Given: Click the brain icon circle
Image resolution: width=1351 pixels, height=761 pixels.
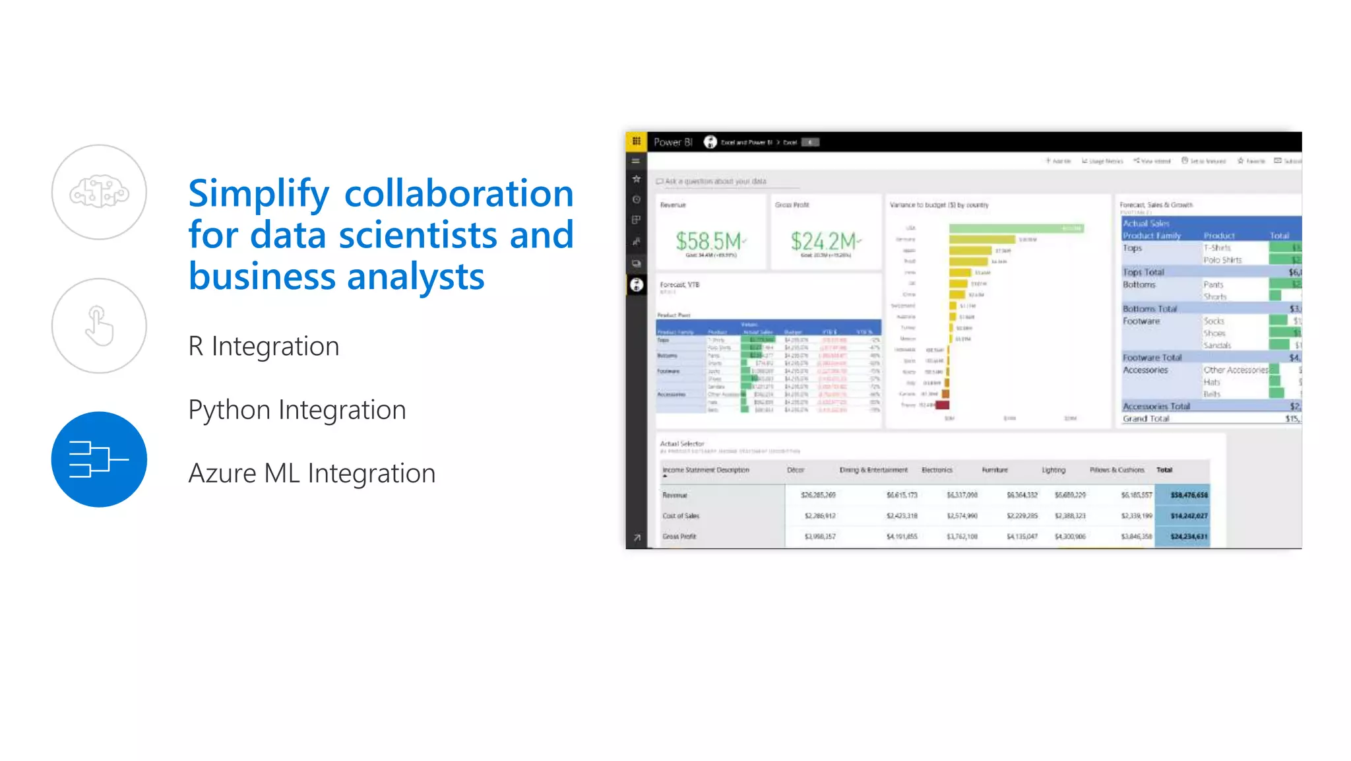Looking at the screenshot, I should coord(99,192).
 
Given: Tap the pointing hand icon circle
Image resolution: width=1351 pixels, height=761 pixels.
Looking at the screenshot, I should coord(99,325).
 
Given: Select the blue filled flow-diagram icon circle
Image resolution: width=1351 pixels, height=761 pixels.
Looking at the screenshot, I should coord(99,459).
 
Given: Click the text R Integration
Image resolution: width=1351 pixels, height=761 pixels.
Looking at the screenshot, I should coord(263,347).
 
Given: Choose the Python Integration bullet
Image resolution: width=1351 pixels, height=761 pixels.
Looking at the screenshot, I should coord(297,410).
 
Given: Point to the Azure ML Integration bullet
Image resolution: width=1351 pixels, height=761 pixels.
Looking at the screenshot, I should coord(311,473).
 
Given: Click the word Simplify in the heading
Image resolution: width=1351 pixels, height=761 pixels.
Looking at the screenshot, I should coord(258,193).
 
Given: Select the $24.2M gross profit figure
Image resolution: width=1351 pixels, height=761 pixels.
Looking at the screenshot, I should coord(824,241).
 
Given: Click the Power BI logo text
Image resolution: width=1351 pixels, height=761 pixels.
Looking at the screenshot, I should coord(672,142).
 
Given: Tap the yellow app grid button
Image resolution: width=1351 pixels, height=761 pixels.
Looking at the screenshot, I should coord(636,141).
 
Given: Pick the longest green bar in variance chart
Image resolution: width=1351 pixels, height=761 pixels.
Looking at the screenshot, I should coord(1016,228).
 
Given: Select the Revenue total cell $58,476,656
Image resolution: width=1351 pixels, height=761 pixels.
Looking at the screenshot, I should coord(1189,495).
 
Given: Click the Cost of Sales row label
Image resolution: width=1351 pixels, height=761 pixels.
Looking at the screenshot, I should coord(680,516).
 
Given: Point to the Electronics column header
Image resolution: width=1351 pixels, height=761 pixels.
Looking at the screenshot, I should coord(937,470).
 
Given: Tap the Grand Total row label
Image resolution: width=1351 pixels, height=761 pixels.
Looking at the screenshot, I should coord(1146,418).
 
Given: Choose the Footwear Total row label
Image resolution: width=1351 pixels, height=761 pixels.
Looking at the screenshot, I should coord(1152,358).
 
